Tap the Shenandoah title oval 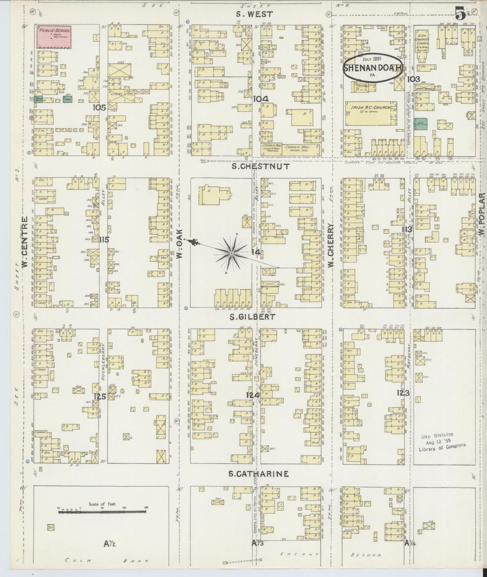[373, 68]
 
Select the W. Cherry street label [331, 245]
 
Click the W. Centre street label [25, 242]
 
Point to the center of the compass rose [231, 253]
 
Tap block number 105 [99, 107]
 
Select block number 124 [252, 395]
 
